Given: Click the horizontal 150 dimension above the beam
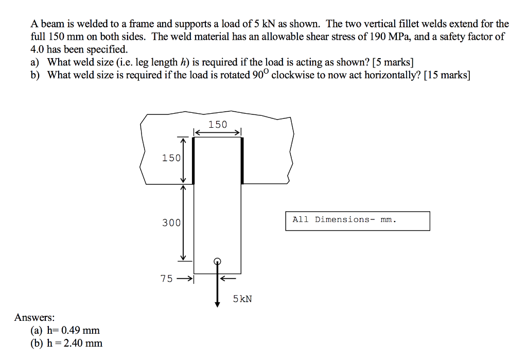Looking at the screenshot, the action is [217, 124].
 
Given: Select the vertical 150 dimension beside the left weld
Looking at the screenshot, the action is [171, 158].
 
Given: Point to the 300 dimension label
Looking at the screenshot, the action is [171, 223].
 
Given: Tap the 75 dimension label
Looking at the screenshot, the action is [167, 279].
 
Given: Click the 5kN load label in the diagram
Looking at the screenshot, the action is [242, 299].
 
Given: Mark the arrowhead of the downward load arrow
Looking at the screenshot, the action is [217, 304].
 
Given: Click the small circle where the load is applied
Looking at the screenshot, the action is [217, 261].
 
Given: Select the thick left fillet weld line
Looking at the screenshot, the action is [193, 160].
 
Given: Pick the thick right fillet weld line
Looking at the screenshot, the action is [241, 160].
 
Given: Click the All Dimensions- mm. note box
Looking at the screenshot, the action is [357, 220].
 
